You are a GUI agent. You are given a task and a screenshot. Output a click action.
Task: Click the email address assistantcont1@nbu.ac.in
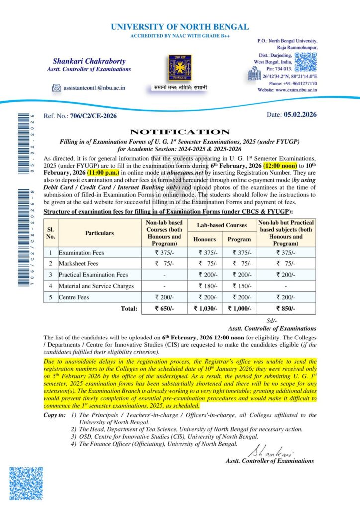pos(94,88)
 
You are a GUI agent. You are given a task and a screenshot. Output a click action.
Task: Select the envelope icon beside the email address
pos(56,88)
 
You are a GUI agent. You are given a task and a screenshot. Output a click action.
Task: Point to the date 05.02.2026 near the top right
pos(300,115)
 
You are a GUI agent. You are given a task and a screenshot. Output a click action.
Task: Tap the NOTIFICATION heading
pos(180,132)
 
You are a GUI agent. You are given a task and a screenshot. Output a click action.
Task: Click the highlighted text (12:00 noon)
pos(280,165)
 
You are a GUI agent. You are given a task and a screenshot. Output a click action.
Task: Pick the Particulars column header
pos(99,233)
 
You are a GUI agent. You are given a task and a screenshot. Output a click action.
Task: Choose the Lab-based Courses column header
pos(222,225)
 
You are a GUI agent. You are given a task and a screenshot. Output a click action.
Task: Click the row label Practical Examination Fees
pos(93,275)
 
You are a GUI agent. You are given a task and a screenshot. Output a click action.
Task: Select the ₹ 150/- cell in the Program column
pos(239,286)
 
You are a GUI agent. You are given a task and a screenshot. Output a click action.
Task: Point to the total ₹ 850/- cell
pos(285,309)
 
